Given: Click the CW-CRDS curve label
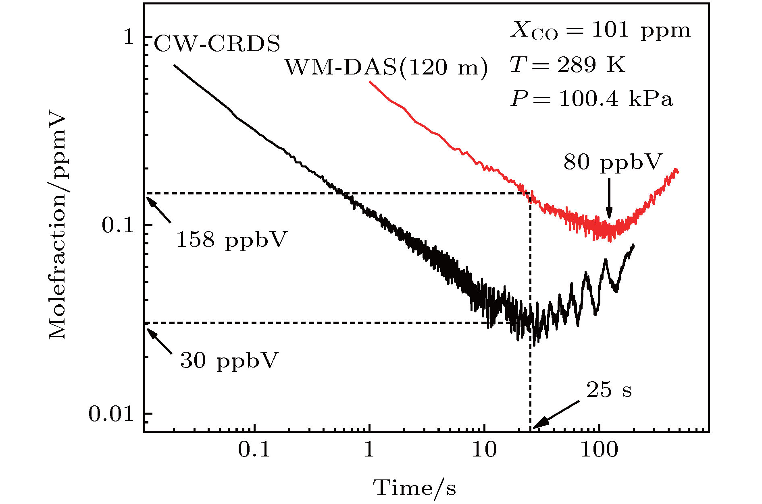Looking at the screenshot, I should [217, 43].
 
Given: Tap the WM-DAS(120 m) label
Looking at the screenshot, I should [386, 67].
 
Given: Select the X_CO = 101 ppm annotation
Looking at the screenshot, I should [600, 31].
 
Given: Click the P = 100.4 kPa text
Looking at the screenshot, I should [591, 99].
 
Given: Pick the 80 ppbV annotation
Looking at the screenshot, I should [613, 163].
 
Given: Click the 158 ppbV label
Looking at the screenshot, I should [232, 240].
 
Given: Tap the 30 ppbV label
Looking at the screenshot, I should [229, 360].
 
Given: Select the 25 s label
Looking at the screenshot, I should [609, 390].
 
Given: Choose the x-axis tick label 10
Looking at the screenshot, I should [484, 449].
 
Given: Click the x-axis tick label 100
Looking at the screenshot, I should [599, 449].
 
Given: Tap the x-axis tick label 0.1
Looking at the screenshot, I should [254, 449].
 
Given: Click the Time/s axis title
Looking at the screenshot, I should [415, 488].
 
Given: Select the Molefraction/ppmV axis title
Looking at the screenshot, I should [57, 225].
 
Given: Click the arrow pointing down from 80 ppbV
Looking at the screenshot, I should [609, 198].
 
